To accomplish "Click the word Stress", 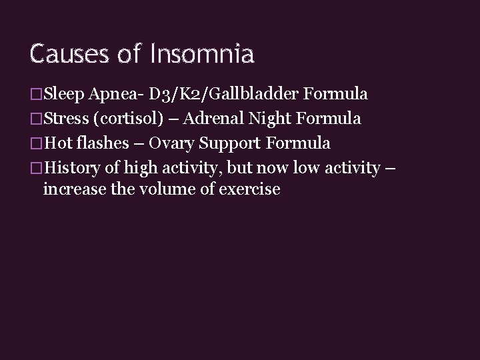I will coord(66,119).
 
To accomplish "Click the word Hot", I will coord(57,143).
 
